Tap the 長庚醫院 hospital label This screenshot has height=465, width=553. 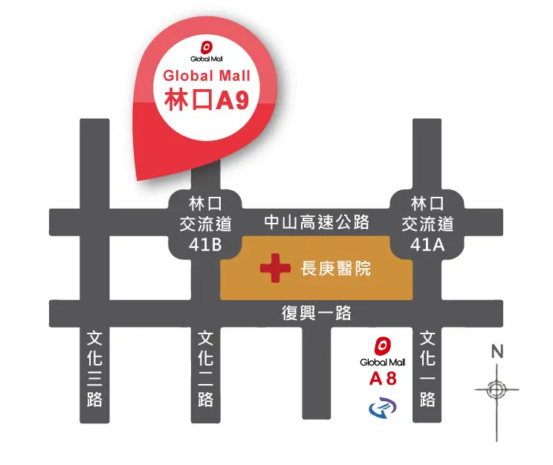(x=334, y=270)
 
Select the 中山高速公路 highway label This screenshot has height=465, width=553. (x=317, y=221)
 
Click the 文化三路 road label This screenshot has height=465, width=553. (x=94, y=369)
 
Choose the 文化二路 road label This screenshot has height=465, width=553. (x=206, y=369)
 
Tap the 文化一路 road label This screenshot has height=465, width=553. (x=427, y=369)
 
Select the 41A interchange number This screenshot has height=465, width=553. (x=427, y=245)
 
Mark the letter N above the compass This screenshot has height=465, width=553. (x=497, y=351)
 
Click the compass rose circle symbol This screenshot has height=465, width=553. (x=497, y=388)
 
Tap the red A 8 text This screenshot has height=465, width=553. (x=383, y=380)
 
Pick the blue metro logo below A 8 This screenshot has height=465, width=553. (x=383, y=406)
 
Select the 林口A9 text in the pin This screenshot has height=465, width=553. (x=206, y=101)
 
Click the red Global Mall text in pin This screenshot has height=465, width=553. (x=206, y=76)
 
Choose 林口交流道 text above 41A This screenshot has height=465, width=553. (x=427, y=212)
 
